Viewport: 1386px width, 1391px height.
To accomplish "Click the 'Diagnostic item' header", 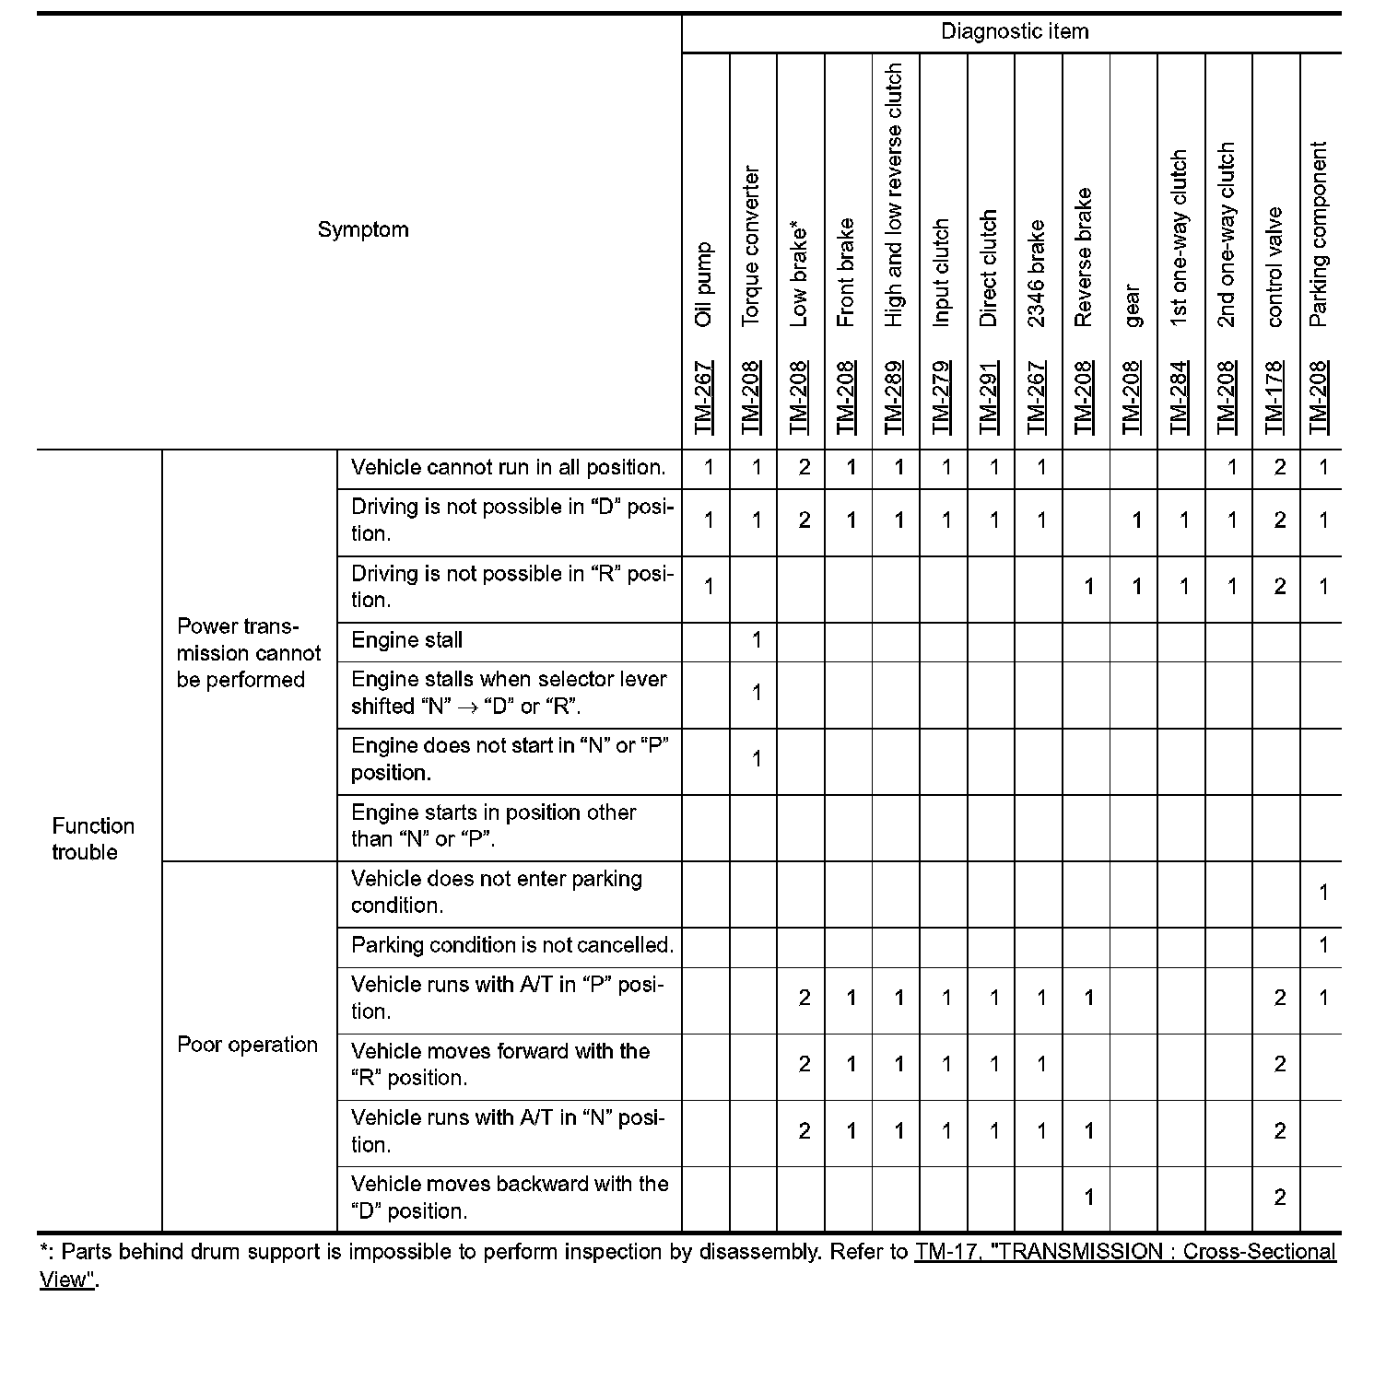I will coord(1014,31).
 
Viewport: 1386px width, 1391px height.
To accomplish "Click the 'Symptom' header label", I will coord(363,229).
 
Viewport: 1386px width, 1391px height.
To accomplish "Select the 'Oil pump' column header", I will coord(705,284).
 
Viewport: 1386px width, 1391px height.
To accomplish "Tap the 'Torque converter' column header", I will coord(752,245).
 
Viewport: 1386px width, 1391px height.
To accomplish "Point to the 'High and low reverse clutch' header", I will coord(894,194).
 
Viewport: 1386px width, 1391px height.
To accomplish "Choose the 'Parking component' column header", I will coord(1319,234).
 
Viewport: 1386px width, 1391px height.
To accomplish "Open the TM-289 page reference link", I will coord(894,396).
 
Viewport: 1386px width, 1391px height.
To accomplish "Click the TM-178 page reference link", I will coord(1275,396).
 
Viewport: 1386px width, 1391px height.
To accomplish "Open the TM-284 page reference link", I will coord(1180,396).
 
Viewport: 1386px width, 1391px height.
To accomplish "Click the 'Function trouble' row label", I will coord(92,838).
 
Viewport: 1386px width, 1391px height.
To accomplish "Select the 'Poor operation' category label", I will coord(247,1045).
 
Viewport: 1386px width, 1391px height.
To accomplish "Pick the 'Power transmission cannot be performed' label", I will coord(248,653).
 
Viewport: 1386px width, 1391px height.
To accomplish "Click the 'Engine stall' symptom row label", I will coord(406,640).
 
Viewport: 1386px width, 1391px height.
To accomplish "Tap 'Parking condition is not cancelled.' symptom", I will coord(511,945).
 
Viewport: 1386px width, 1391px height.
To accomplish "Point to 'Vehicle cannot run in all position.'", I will coord(508,467).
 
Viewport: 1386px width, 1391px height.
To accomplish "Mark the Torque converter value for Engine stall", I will coord(756,640).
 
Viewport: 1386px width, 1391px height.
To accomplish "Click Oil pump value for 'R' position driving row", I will coord(708,587).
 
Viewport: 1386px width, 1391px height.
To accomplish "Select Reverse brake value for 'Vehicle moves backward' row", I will coord(1088,1198).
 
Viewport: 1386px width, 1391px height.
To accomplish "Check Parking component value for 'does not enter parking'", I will coord(1323,892).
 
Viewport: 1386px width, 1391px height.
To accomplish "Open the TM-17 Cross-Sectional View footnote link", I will coord(1124,1253).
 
